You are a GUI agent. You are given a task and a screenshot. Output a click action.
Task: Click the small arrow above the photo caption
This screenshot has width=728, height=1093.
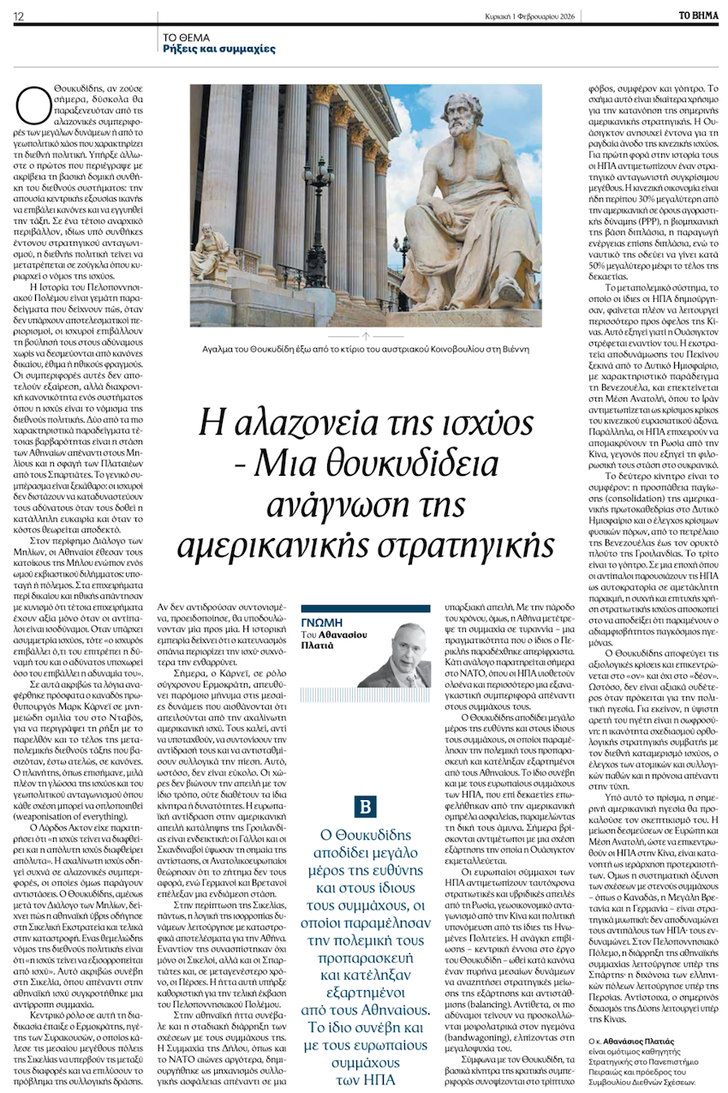pyautogui.click(x=367, y=336)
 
